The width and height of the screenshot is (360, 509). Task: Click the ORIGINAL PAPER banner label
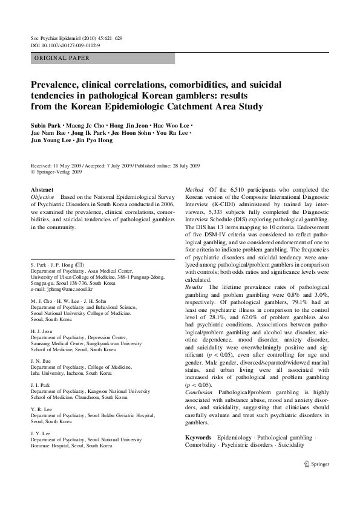[62, 58]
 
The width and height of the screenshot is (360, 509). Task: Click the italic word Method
[195, 189]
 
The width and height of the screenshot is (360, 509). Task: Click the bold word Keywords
[198, 437]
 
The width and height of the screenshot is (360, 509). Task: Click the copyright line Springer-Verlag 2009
[59, 172]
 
